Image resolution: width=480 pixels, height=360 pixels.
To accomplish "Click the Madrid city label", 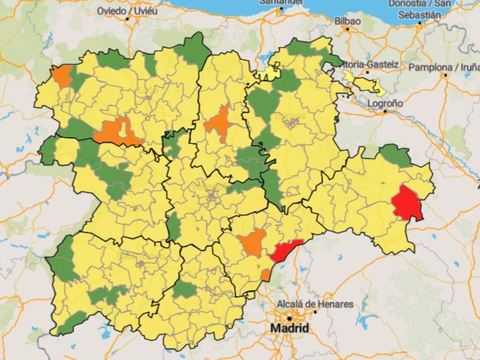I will click(290, 328).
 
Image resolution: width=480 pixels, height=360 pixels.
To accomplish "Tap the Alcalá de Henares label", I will click(315, 304).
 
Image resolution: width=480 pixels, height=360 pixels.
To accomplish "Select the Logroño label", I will click(385, 103).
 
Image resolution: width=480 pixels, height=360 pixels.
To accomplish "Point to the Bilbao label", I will click(348, 21).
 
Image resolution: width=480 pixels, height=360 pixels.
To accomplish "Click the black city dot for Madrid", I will click(289, 319).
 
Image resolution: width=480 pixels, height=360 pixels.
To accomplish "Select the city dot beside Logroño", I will click(385, 112).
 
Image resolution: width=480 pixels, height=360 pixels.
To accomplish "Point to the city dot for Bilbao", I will click(348, 29).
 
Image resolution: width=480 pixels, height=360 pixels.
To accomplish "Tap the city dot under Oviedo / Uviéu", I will click(128, 19).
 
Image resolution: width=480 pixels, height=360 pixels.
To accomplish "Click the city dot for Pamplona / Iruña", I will click(445, 75).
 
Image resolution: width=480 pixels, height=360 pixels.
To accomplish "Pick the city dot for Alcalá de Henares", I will click(315, 312).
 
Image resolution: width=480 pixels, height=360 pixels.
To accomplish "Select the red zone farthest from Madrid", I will click(407, 203).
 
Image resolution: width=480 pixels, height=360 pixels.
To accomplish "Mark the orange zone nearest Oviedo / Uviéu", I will click(62, 76).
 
